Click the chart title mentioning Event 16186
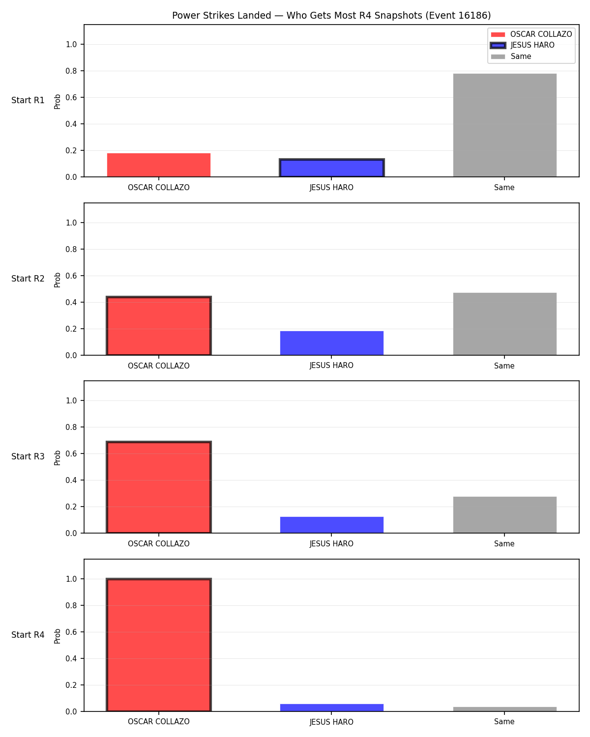coord(331,15)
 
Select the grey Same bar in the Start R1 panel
coord(504,125)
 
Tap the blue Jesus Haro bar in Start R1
coord(331,168)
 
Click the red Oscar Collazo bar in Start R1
coord(159,165)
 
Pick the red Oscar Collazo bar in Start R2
coord(159,325)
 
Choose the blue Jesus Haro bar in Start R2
coord(331,343)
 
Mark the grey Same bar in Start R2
coord(504,324)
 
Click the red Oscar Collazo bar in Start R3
coord(159,486)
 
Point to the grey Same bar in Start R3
coord(504,514)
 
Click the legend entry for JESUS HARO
coord(531,45)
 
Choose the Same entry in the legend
coord(520,57)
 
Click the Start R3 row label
coord(28,456)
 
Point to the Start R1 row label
coord(28,100)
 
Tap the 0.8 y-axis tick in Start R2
coord(71,249)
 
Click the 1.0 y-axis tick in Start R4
coord(71,579)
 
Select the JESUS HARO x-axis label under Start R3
coord(331,543)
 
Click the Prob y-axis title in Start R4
coord(57,636)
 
